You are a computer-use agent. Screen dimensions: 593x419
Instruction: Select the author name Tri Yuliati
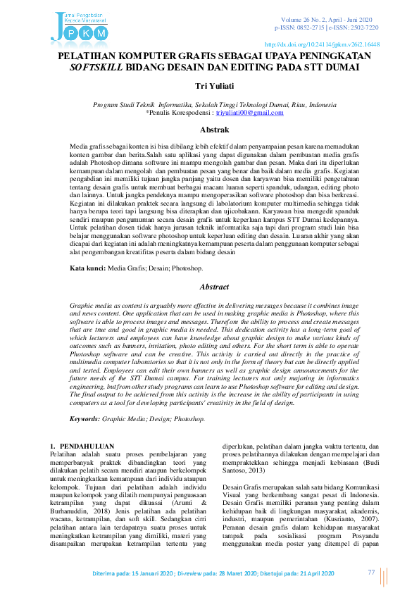(209, 85)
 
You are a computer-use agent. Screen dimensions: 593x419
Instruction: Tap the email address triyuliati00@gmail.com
(249, 113)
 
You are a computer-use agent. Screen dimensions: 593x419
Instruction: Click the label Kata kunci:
(87, 269)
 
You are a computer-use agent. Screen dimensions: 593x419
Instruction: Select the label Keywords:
(85, 418)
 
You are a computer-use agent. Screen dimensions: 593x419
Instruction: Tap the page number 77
(371, 573)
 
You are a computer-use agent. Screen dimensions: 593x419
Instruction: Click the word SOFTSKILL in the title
(96, 68)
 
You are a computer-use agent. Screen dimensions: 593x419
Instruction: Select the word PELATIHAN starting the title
(87, 55)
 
